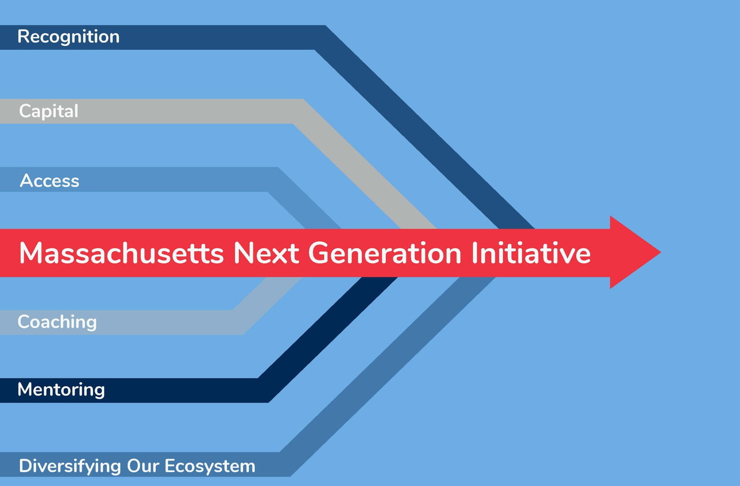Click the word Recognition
click(x=68, y=37)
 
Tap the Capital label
click(x=48, y=111)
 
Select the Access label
click(x=49, y=181)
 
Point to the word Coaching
click(x=57, y=322)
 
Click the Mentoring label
click(x=61, y=389)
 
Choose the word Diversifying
click(x=70, y=466)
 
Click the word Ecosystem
click(x=210, y=466)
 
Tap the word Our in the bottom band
click(x=143, y=466)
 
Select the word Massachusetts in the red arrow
click(x=122, y=253)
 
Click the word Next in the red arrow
click(x=266, y=253)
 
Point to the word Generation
click(x=385, y=253)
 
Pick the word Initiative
click(x=531, y=253)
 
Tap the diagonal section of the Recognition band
click(x=424, y=128)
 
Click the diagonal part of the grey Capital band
click(x=364, y=165)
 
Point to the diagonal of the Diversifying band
click(x=387, y=377)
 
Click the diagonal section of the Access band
click(x=304, y=199)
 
